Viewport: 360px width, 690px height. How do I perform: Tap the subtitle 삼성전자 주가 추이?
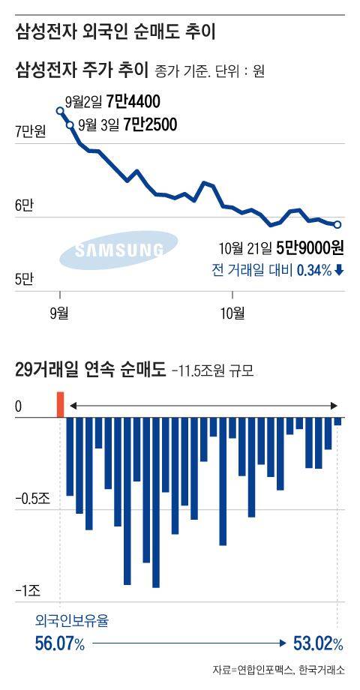[x=82, y=71]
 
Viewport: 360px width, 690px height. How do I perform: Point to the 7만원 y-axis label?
[x=31, y=133]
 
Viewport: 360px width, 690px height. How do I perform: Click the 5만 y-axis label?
[x=25, y=280]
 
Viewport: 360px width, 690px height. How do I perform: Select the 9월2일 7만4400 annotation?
[x=112, y=101]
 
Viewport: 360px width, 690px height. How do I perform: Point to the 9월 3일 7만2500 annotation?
[x=127, y=125]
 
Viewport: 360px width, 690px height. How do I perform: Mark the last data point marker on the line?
[x=337, y=224]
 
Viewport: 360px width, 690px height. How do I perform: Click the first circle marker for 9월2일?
[x=60, y=111]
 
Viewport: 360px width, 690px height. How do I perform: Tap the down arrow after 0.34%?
[x=340, y=270]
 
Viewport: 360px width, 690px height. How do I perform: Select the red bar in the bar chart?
[x=61, y=403]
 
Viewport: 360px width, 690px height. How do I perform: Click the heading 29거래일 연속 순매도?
[x=90, y=370]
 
